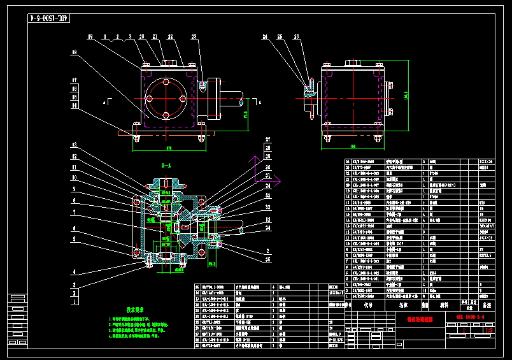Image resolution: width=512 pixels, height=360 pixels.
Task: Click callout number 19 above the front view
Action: point(91,36)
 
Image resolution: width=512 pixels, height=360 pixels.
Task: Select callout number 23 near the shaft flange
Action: point(194,37)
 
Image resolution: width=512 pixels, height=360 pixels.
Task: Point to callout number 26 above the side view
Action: point(296,37)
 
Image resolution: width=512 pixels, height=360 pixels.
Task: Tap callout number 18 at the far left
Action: point(75,52)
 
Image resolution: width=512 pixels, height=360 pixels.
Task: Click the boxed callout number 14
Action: point(75,105)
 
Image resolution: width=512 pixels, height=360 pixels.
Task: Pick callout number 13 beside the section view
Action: point(75,147)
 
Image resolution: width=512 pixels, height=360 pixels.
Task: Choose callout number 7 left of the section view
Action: point(75,212)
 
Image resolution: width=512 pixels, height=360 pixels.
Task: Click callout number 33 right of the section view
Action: point(267,207)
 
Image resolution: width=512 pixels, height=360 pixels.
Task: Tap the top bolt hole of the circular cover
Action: point(166,83)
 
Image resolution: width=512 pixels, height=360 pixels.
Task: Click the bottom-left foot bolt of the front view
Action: point(136,136)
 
